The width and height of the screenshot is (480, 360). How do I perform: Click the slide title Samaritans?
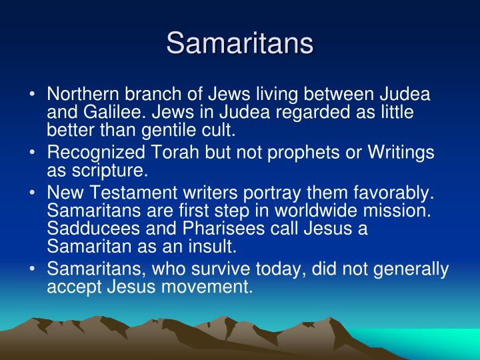tap(240, 43)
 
